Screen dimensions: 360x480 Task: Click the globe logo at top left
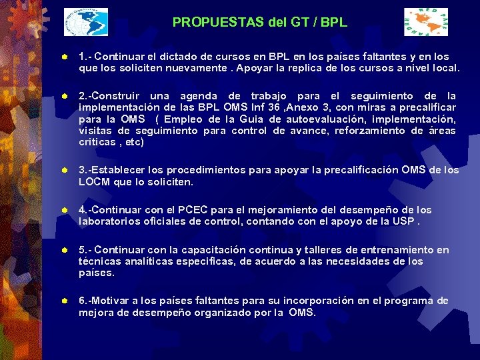coord(86,22)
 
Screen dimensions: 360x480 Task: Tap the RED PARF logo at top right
coord(427,22)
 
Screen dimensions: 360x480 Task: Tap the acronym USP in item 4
coord(402,221)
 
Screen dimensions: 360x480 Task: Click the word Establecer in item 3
coord(124,170)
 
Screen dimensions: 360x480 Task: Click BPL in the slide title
coord(333,22)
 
